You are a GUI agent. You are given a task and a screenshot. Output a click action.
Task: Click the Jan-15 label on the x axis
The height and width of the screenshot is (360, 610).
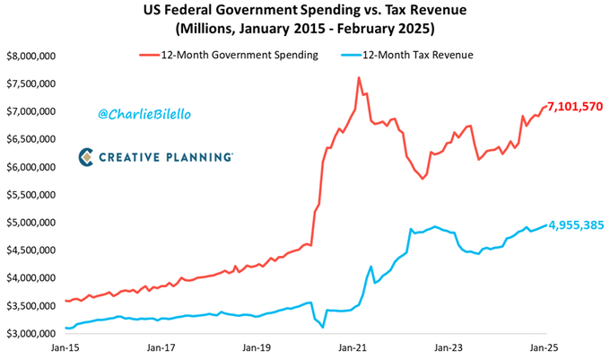pyautogui.click(x=65, y=346)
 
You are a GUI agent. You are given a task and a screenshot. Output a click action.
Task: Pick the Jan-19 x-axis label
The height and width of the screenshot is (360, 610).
pyautogui.click(x=256, y=346)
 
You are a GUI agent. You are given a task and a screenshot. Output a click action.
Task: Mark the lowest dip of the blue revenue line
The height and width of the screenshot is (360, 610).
pyautogui.click(x=322, y=328)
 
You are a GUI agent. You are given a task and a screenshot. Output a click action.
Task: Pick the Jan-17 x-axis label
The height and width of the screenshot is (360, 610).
pyautogui.click(x=160, y=346)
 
